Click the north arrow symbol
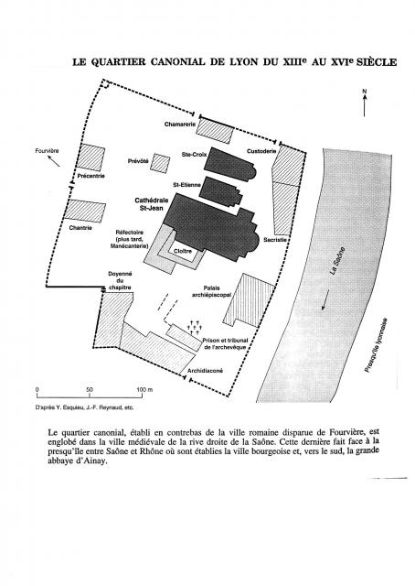point(364,103)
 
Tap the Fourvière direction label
point(47,151)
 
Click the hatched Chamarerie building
point(215,130)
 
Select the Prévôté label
point(138,161)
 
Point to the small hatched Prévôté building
point(161,163)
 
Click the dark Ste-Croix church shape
point(229,164)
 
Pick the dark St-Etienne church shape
point(220,191)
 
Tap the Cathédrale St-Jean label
point(152,204)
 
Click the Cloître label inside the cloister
point(183,251)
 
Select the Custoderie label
point(261,151)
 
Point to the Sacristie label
point(275,240)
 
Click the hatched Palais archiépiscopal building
point(249,299)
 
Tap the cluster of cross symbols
point(196,327)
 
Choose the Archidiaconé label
point(205,371)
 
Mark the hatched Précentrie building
point(90,157)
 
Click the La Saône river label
point(337,261)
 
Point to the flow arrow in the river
point(325,299)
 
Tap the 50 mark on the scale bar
point(90,389)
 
